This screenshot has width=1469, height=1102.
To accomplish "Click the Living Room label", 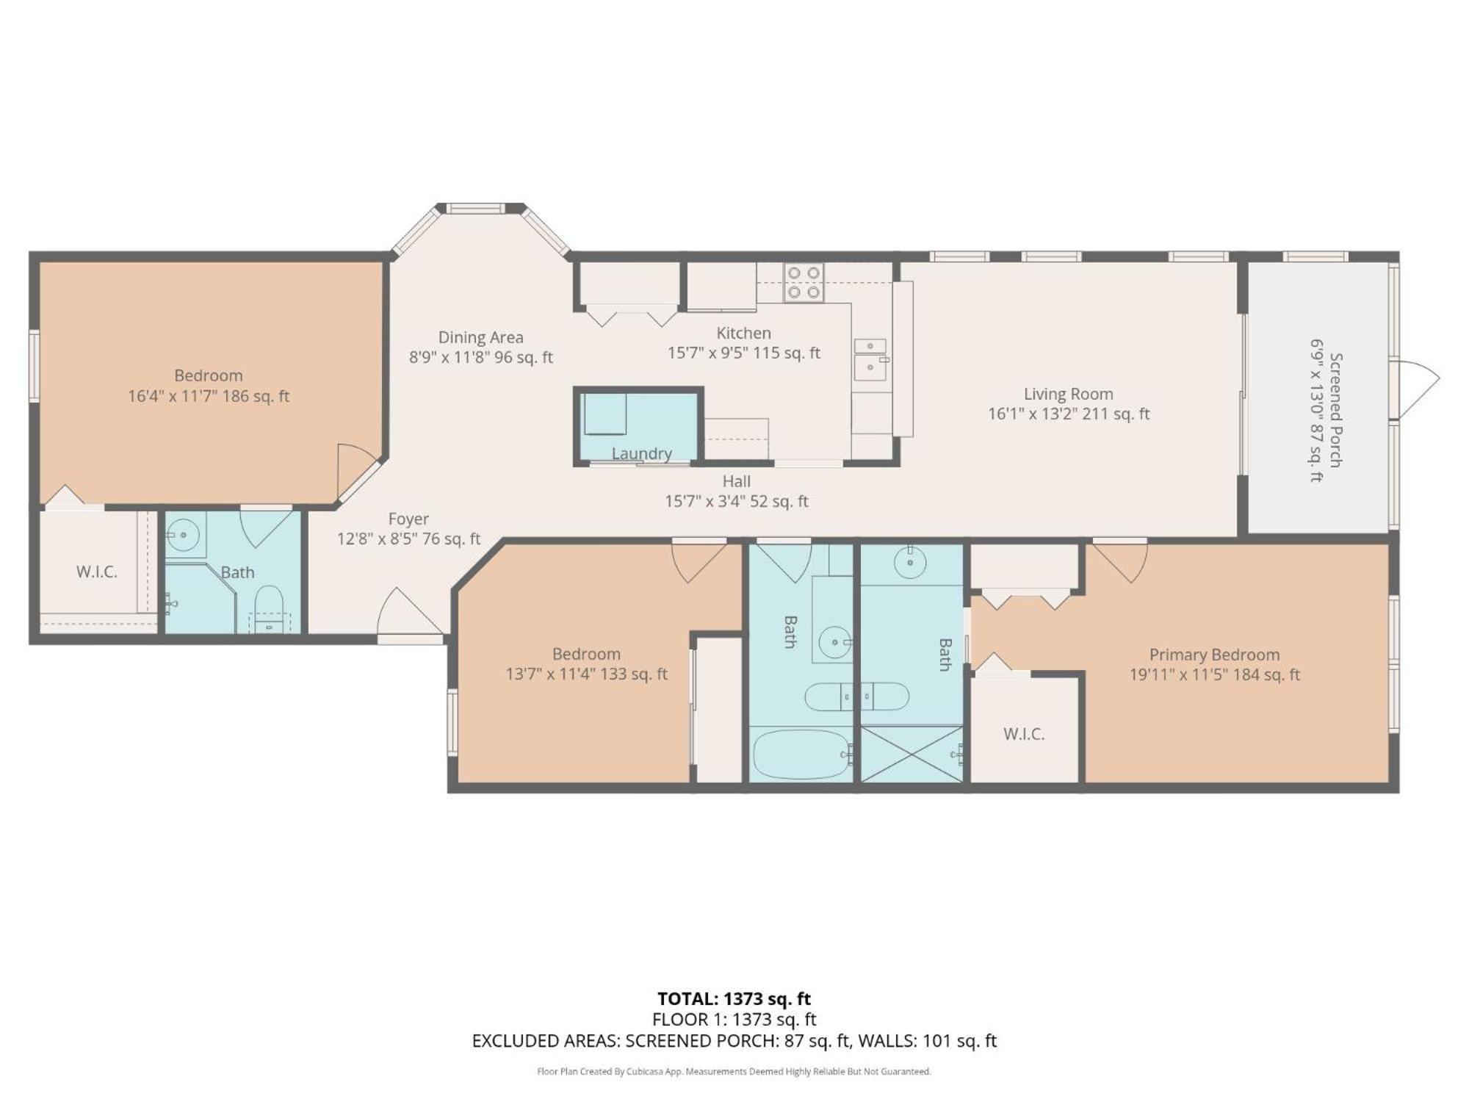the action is coord(1069,394).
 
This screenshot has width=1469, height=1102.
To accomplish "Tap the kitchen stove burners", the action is coord(804,283).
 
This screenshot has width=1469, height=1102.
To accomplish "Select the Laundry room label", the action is coord(642,453).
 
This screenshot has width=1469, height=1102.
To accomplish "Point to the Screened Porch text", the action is coord(1335,409).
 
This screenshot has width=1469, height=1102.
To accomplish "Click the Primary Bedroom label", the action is coord(1214,655).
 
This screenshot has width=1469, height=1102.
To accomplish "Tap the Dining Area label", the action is coord(481,337).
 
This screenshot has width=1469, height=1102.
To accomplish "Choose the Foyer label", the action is coord(408,519).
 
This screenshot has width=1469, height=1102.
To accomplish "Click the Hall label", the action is coord(736,481).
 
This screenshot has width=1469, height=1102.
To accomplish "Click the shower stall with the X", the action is coord(912,754).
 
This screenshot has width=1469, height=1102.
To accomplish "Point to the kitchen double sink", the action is coord(870,359).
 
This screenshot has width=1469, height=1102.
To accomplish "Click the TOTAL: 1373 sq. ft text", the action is coord(734,998).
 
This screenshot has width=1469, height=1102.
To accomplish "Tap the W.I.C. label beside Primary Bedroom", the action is coord(1024,734).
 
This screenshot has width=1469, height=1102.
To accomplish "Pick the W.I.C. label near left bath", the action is coord(97,572).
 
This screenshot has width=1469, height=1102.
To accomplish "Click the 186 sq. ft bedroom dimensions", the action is coord(209,397).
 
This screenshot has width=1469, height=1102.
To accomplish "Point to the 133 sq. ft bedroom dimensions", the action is coord(586,674).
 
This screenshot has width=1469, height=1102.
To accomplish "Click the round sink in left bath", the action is coord(182,534).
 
